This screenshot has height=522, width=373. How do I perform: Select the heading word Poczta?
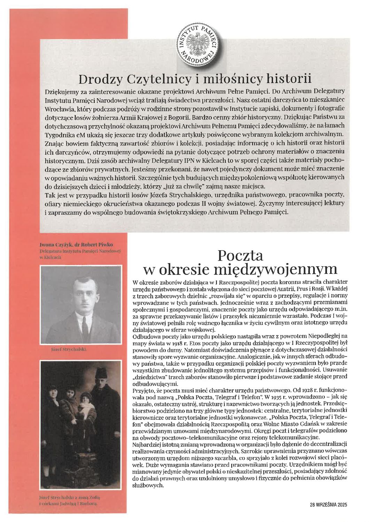(x=240, y=256)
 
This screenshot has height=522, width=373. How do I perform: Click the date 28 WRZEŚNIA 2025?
(x=329, y=504)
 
